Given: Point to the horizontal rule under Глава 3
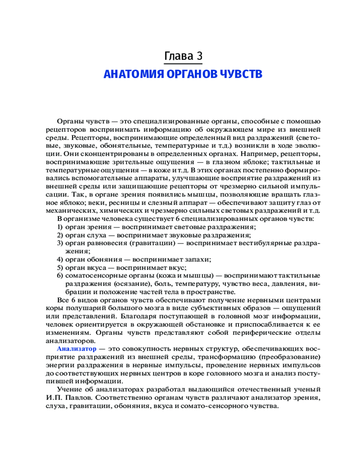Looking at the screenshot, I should [x=183, y=64].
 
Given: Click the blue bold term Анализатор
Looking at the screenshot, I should [x=76, y=349].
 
